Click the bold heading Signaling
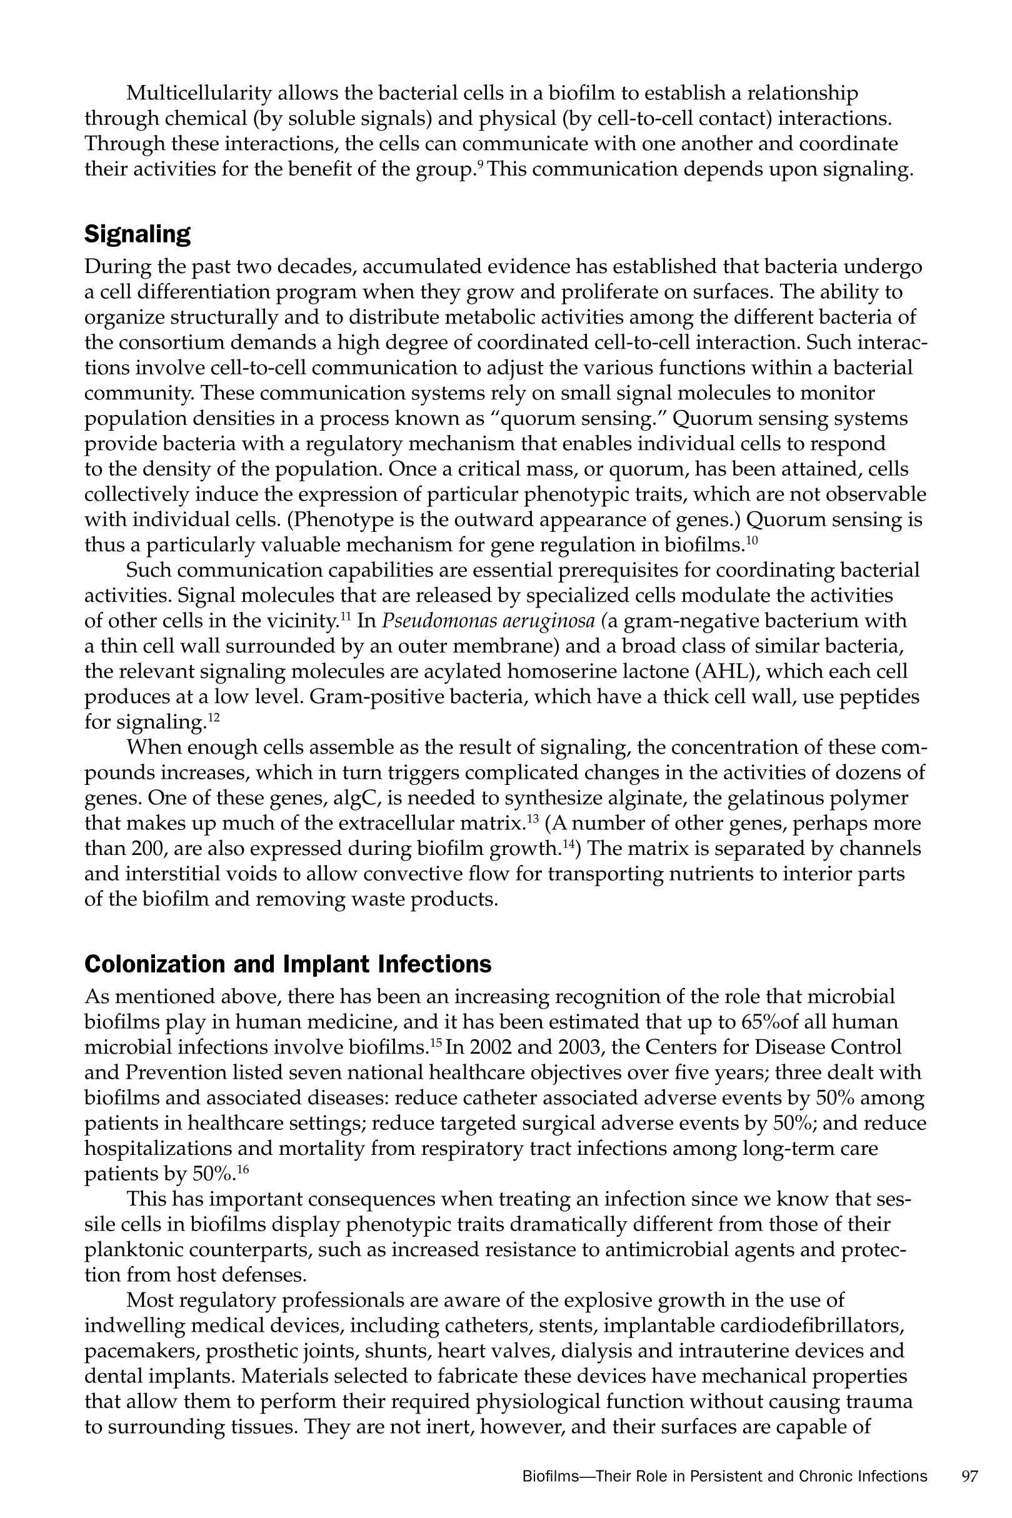tap(138, 234)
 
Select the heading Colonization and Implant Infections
tap(288, 964)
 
